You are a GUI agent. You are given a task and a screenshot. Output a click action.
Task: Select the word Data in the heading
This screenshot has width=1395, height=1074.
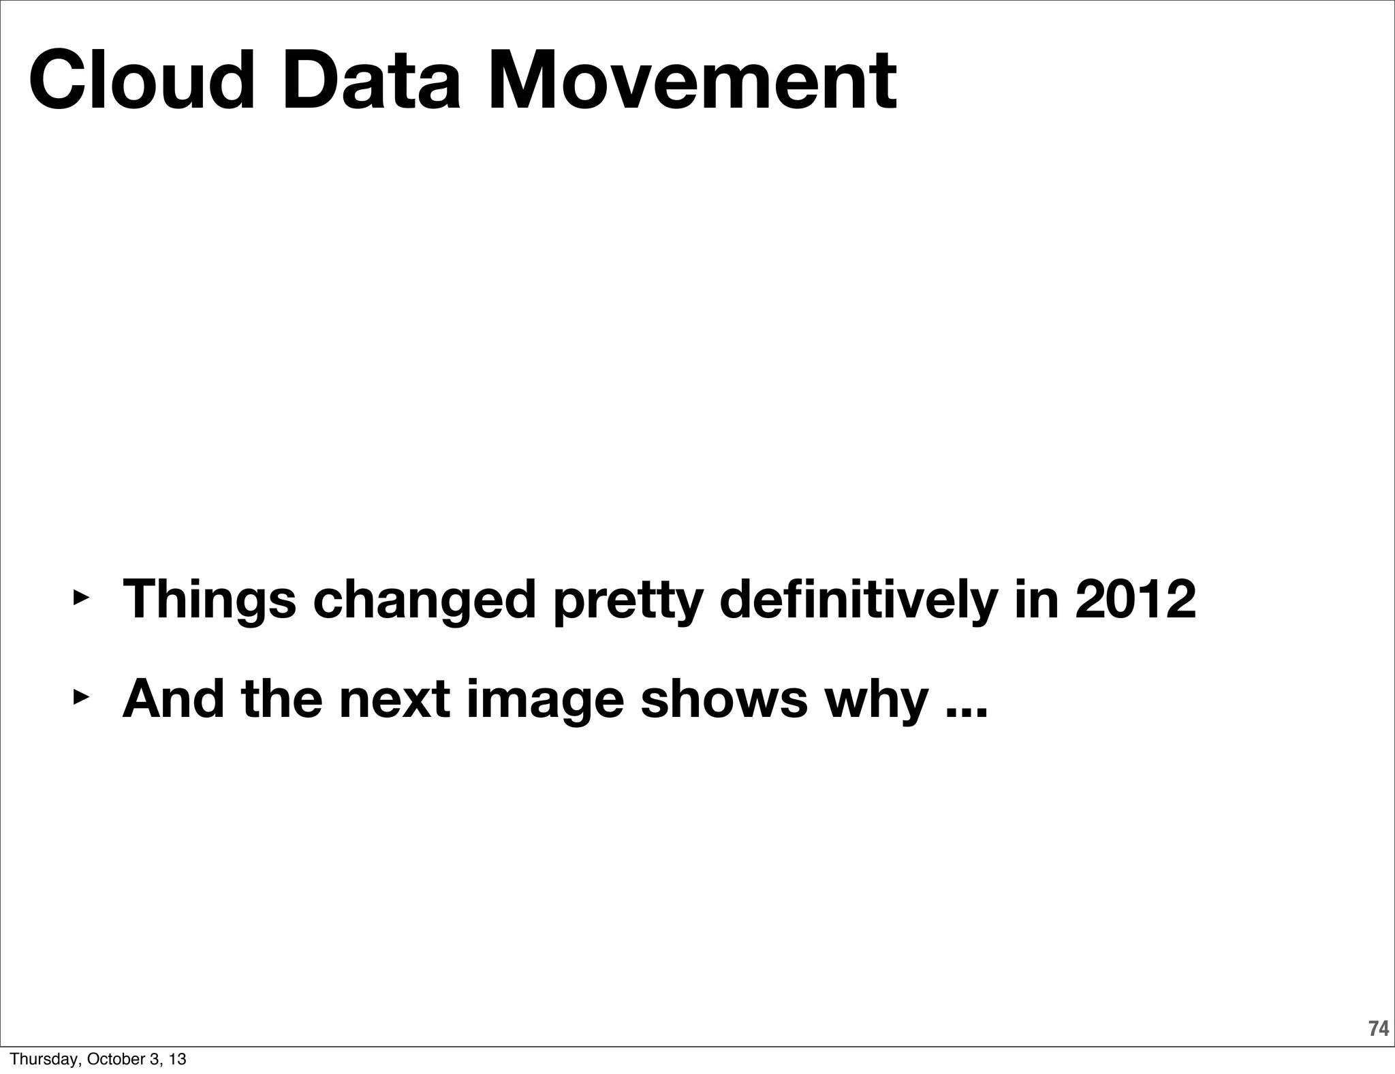(x=371, y=80)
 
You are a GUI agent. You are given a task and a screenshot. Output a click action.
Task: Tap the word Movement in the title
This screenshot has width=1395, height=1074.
(x=691, y=80)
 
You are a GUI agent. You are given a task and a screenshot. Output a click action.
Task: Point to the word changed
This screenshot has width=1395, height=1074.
(x=424, y=600)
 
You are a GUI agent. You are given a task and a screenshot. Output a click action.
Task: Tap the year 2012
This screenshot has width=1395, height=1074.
(x=1135, y=599)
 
